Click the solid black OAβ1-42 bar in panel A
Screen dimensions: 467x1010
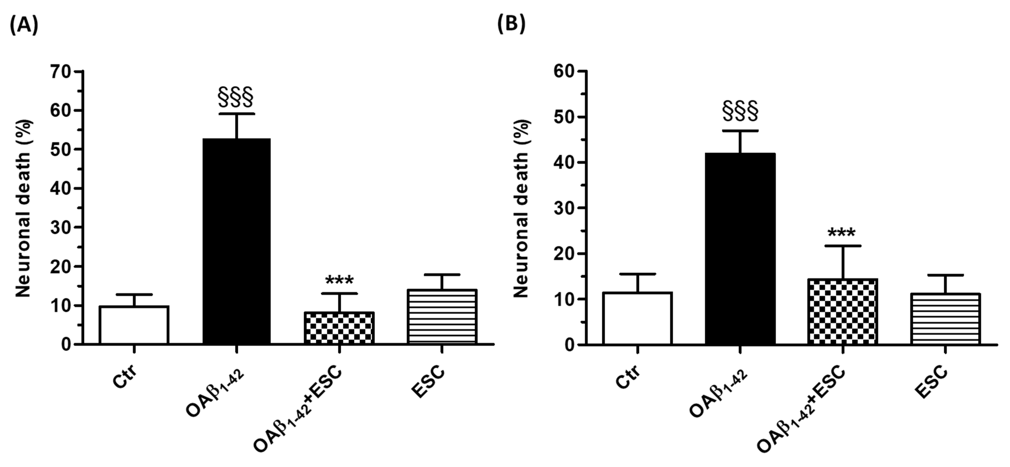click(x=237, y=241)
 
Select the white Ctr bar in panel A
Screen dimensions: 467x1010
click(x=134, y=325)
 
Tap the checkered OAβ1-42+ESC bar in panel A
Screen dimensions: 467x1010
click(x=339, y=328)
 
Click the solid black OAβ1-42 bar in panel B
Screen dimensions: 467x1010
click(x=740, y=249)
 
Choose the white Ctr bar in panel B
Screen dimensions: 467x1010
click(x=638, y=318)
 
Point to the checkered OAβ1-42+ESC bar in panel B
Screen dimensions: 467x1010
click(x=842, y=312)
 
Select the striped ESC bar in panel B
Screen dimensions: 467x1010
click(x=945, y=319)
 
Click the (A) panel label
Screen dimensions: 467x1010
click(x=24, y=25)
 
